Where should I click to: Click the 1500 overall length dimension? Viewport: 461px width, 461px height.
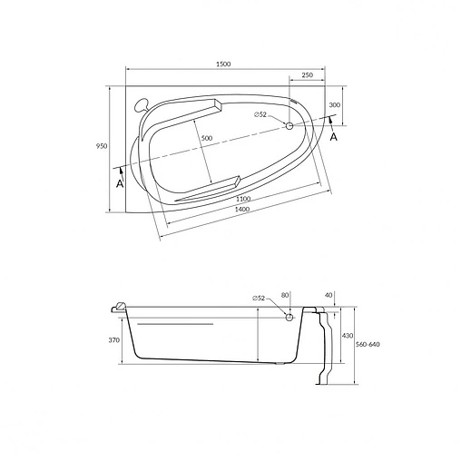(x=224, y=63)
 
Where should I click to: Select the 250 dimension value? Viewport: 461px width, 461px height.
(x=308, y=74)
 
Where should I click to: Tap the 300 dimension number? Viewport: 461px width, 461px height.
(x=335, y=106)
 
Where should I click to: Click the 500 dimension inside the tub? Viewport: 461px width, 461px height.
(x=206, y=137)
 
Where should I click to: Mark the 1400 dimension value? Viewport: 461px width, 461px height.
(x=242, y=210)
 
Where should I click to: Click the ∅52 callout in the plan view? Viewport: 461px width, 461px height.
(x=261, y=114)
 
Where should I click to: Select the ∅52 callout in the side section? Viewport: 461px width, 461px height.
(x=260, y=298)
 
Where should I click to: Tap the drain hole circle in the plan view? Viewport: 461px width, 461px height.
(x=289, y=125)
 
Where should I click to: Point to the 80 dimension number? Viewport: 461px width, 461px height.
(x=285, y=294)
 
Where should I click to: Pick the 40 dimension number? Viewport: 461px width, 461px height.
(x=328, y=294)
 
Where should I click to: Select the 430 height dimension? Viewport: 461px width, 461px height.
(x=346, y=335)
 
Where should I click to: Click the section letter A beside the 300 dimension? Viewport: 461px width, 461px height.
(x=334, y=137)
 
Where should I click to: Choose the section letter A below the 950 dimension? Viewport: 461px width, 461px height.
(x=118, y=183)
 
